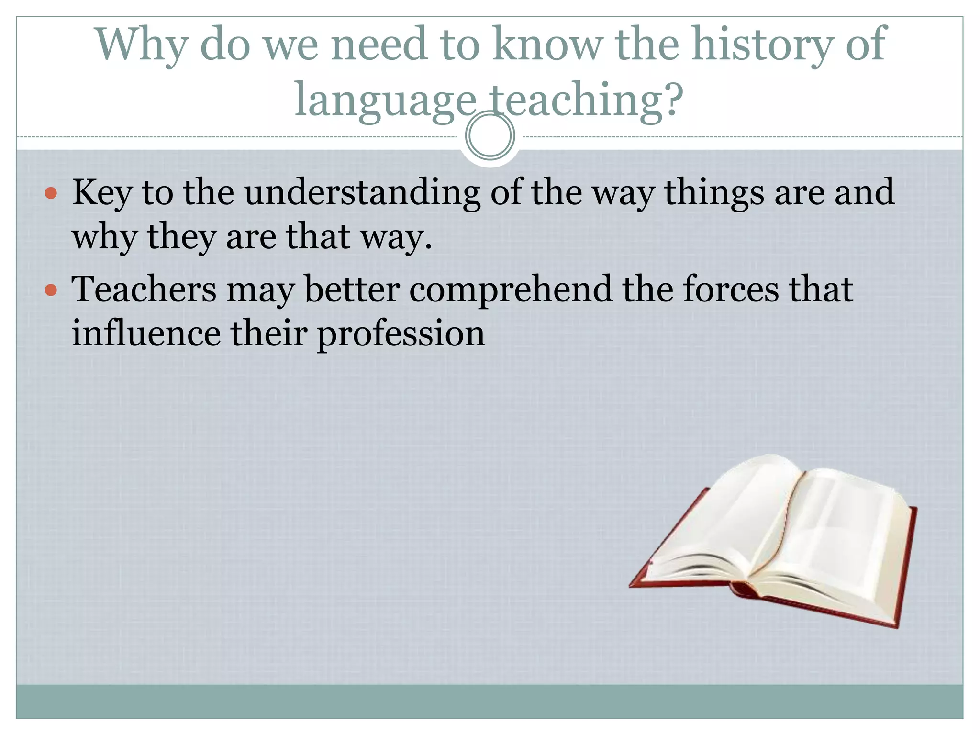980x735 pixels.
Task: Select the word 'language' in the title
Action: click(386, 100)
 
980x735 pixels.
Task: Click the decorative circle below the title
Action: click(490, 135)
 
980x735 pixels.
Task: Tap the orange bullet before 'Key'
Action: click(51, 193)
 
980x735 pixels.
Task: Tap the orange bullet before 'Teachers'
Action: click(51, 290)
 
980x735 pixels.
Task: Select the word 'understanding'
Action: click(362, 192)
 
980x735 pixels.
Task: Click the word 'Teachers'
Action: click(144, 289)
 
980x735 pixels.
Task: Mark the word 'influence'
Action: click(146, 333)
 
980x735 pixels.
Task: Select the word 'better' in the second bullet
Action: click(352, 289)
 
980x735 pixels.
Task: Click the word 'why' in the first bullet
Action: click(104, 237)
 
